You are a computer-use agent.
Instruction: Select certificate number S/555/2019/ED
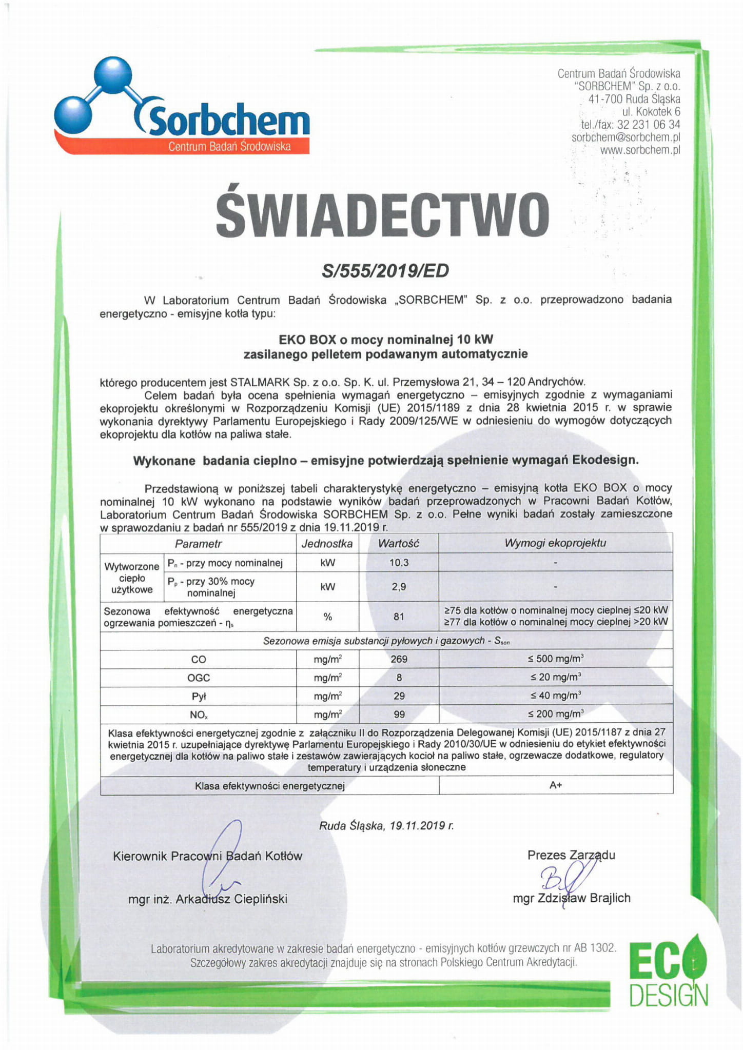tap(385, 270)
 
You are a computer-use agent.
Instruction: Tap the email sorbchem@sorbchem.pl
tap(625, 137)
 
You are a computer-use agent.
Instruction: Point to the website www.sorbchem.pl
tap(640, 150)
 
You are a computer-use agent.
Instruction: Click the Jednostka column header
tap(327, 544)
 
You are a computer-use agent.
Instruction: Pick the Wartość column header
tap(398, 544)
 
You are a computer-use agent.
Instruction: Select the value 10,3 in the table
tap(399, 563)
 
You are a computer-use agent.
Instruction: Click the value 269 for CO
tap(399, 659)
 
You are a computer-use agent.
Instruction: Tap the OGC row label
tap(198, 678)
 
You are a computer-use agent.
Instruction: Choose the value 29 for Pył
tap(399, 696)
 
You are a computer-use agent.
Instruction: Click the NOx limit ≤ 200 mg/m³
tap(556, 714)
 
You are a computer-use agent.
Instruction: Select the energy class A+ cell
tap(556, 785)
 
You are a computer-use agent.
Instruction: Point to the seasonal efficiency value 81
tap(399, 617)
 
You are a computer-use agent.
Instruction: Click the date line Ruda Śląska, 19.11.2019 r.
tap(386, 826)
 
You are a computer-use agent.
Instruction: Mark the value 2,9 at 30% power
tap(399, 587)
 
